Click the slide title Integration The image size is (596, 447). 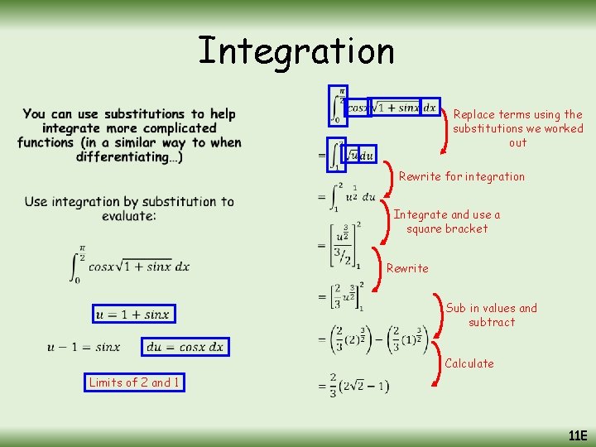296,51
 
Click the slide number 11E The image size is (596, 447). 577,435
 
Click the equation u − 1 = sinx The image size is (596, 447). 84,347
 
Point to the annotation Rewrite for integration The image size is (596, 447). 461,176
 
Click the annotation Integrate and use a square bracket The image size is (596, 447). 447,222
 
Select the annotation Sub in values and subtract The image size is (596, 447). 491,315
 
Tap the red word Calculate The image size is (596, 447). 469,363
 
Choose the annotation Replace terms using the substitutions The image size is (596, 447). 517,128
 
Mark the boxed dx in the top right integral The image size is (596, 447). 429,107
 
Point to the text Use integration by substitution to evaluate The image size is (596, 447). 129,209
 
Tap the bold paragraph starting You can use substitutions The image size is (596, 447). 129,135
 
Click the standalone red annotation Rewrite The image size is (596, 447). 407,268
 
